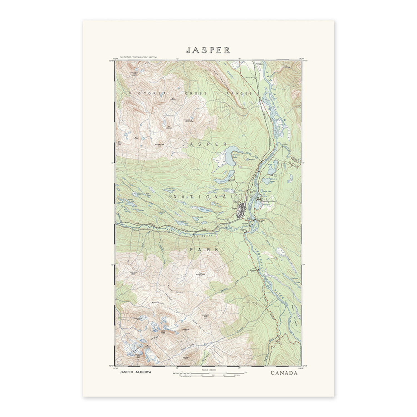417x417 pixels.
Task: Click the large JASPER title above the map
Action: pos(208,49)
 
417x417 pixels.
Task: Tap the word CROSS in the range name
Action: pos(196,93)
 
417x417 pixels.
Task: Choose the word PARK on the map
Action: pos(204,250)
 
